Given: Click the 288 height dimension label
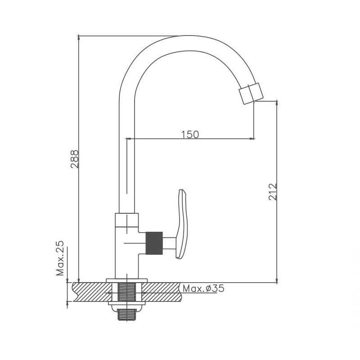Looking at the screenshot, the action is point(74,159).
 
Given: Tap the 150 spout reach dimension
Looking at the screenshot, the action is point(190,135).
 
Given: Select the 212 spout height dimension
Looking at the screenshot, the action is point(273,192).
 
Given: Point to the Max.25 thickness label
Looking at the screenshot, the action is point(60,258).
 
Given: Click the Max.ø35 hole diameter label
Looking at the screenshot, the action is point(203,288).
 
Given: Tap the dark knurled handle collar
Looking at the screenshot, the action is point(154,243).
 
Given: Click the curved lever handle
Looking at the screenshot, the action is point(182,224).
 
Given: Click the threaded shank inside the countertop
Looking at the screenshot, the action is point(126,292).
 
